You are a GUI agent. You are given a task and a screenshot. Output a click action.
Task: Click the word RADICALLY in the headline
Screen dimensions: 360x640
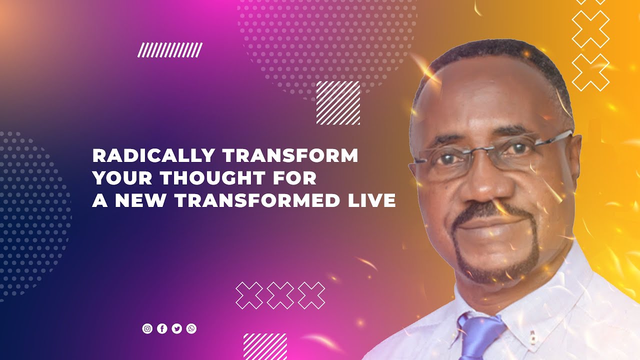154,156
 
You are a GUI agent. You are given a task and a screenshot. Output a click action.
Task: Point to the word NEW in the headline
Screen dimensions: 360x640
140,200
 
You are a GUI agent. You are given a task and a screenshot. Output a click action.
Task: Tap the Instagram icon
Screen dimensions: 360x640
147,328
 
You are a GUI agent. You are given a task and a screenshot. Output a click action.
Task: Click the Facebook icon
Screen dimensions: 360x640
162,328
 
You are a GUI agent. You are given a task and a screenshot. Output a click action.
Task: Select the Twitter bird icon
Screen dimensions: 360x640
176,328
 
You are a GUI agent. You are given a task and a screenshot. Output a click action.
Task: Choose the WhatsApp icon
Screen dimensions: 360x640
191,328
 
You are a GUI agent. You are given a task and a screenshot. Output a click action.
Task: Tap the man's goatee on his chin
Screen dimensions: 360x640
495,265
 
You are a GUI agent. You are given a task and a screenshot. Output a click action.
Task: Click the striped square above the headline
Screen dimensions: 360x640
338,103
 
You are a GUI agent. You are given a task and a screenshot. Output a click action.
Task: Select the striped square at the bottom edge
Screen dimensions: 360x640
265,346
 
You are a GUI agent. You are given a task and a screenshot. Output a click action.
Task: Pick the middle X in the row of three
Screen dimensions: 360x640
280,295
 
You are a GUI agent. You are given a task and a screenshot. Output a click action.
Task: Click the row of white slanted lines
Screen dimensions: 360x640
170,50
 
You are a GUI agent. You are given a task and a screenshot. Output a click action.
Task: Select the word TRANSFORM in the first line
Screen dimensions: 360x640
290,156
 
